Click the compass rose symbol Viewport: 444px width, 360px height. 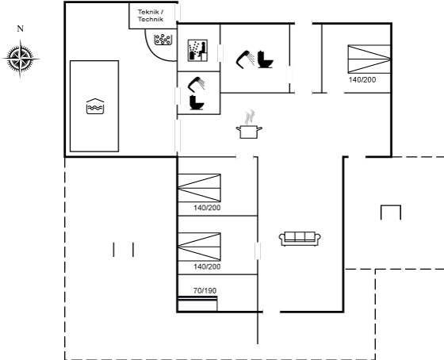[x=21, y=59]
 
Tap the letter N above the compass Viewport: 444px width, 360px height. [x=20, y=29]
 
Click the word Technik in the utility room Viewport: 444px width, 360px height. [x=151, y=19]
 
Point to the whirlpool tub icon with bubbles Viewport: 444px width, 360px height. [x=163, y=40]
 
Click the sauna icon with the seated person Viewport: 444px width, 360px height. [x=197, y=51]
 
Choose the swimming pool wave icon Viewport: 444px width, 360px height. [x=95, y=106]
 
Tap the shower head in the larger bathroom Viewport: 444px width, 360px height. [x=245, y=59]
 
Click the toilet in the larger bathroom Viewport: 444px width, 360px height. [x=266, y=59]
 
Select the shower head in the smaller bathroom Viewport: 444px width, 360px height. [x=197, y=84]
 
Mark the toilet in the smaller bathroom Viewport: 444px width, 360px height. [x=197, y=102]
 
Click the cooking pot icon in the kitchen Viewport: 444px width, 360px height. [x=249, y=132]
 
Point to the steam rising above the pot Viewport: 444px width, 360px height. [x=250, y=117]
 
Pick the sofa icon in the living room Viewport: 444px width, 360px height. [x=300, y=239]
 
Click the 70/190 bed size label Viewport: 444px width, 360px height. [x=205, y=290]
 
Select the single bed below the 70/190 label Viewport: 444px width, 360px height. [x=197, y=304]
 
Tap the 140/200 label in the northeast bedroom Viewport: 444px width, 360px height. [x=362, y=80]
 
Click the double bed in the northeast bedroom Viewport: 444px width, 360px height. [x=369, y=59]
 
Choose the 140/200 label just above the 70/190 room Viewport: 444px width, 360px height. [x=207, y=266]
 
